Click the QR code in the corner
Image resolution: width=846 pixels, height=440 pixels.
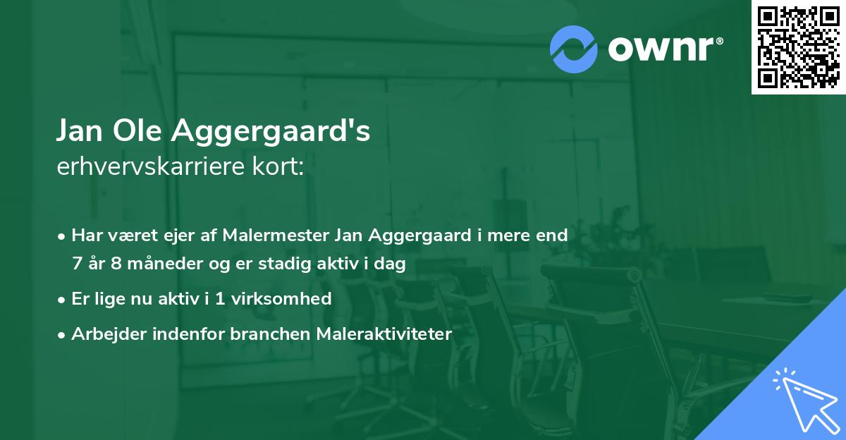(798, 47)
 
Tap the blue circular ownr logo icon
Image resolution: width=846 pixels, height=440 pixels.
(573, 49)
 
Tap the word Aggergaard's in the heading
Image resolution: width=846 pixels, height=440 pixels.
(271, 132)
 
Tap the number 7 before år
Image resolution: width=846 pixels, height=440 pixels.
(77, 264)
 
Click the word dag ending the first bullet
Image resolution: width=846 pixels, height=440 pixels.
(391, 264)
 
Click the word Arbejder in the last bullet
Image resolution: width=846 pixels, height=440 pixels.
(104, 334)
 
